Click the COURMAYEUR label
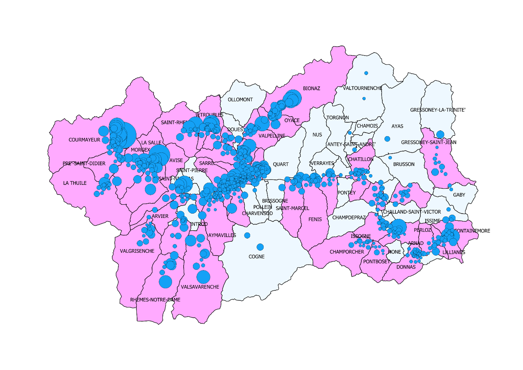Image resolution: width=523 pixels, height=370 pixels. point(84,140)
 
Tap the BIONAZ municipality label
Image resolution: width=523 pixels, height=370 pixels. point(311,88)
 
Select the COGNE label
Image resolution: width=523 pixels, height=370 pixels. point(256,257)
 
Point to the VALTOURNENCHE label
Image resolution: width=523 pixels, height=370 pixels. point(362,88)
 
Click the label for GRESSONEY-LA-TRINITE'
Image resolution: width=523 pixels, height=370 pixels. point(437,110)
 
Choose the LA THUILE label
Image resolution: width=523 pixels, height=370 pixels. point(75,183)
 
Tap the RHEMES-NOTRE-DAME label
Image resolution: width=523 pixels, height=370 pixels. point(155,300)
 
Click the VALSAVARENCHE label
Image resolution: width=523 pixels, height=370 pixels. point(200,287)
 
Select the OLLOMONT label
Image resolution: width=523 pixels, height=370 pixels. point(240,100)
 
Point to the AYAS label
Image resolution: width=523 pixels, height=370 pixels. point(397,126)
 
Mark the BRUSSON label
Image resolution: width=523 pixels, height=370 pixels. point(404,164)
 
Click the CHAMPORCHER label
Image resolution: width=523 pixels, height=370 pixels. point(347,252)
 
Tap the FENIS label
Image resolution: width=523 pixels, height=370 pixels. point(315,219)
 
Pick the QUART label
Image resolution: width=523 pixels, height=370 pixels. point(281,164)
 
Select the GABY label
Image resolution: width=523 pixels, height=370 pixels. point(459,195)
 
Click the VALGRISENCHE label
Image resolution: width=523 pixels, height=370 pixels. point(137,251)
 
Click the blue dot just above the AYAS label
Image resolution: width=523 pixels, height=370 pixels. point(387,139)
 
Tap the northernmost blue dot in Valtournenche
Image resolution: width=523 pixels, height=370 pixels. point(366,73)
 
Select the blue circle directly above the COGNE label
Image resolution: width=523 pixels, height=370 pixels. point(260,247)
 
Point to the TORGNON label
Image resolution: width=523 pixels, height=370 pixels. point(338,118)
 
